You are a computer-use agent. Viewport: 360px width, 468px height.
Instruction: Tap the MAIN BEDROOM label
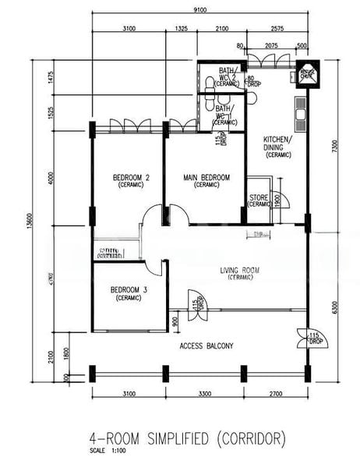coord(206,178)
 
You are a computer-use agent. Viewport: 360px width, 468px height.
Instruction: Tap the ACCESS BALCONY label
coord(206,346)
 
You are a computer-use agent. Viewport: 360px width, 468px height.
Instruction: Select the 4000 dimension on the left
coord(51,177)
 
